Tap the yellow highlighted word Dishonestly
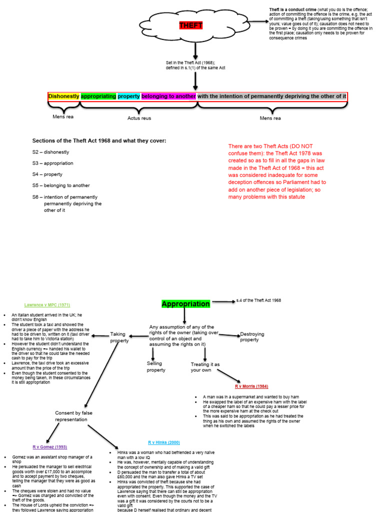click(x=64, y=96)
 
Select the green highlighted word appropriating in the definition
click(x=98, y=96)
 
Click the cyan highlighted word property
click(x=129, y=96)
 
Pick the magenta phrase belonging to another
click(x=168, y=96)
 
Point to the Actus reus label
click(x=139, y=118)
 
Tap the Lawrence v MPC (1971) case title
click(x=47, y=304)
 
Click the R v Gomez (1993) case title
click(x=49, y=446)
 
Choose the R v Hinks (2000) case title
click(x=164, y=442)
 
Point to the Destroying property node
click(x=252, y=337)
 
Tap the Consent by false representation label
click(x=73, y=416)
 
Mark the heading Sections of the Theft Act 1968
click(x=99, y=140)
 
